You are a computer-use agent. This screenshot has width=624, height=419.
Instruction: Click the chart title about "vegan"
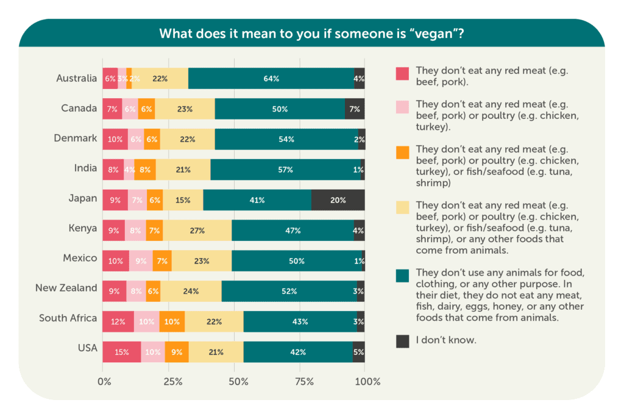311,33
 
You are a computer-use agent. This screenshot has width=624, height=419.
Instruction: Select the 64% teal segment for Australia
271,79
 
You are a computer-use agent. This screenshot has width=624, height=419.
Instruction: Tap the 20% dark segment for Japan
338,199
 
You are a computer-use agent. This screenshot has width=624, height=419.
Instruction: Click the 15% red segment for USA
121,352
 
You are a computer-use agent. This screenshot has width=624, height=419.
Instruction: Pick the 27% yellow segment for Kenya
197,230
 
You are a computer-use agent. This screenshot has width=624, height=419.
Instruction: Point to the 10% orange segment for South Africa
172,321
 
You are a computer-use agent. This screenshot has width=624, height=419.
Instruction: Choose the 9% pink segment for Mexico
141,260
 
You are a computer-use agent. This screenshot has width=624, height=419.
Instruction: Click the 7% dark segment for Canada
355,109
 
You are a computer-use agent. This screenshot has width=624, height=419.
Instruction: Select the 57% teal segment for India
285,170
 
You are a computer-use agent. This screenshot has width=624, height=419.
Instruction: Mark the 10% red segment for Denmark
115,139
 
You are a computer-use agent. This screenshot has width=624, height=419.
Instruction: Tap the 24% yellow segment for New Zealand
191,291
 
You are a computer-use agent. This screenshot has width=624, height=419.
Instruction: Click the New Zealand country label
66,288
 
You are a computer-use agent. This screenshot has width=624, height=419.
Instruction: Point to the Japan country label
83,198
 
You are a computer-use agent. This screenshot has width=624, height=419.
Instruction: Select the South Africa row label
68,318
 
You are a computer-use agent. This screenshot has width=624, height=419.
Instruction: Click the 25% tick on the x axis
172,382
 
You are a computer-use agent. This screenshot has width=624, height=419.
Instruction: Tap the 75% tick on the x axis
304,382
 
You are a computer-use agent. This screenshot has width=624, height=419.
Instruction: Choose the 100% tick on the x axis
367,382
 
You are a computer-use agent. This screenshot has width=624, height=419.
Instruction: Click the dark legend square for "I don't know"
402,341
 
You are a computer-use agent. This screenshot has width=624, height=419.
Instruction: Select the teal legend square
402,276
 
